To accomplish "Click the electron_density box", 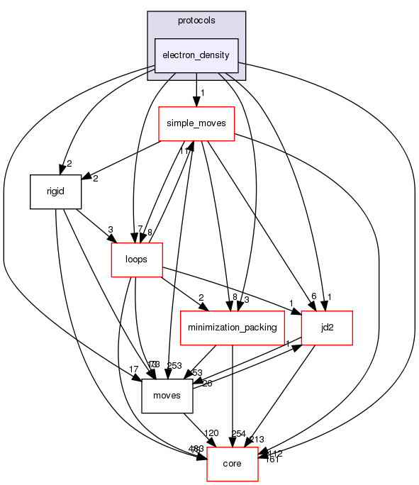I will pyautogui.click(x=196, y=55).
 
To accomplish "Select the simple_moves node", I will pyautogui.click(x=196, y=123).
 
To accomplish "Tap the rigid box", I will pyautogui.click(x=56, y=191).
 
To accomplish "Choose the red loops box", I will pyautogui.click(x=136, y=260).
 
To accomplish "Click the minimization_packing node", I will pyautogui.click(x=233, y=328).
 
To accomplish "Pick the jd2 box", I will pyautogui.click(x=327, y=328).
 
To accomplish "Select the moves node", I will pyautogui.click(x=167, y=396).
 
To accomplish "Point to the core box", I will pyautogui.click(x=232, y=464).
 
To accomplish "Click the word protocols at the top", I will pyautogui.click(x=196, y=20).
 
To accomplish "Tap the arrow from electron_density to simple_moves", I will pyautogui.click(x=196, y=89).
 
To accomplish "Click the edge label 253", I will pyautogui.click(x=174, y=365).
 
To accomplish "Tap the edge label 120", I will pyautogui.click(x=212, y=433).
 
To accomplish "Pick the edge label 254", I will pyautogui.click(x=239, y=433).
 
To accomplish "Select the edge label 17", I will pyautogui.click(x=133, y=369).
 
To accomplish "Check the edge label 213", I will pyautogui.click(x=256, y=440).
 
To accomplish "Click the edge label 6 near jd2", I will pyautogui.click(x=313, y=297).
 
